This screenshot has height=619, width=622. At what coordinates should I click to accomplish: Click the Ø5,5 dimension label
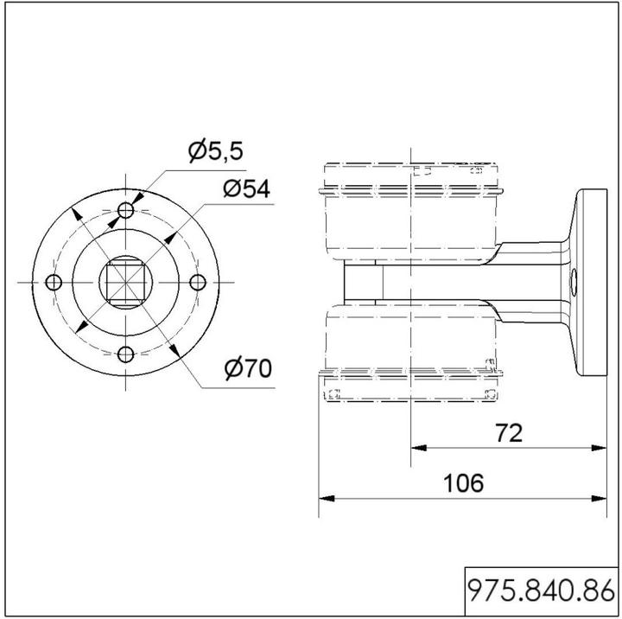[216, 152]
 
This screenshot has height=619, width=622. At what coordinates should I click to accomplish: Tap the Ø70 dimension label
[247, 369]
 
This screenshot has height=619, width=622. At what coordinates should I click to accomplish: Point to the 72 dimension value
[510, 432]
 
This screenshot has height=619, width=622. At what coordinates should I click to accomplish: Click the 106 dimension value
[464, 482]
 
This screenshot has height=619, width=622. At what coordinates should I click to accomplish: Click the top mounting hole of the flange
[126, 210]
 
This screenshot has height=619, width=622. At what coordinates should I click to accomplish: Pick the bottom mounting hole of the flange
[126, 354]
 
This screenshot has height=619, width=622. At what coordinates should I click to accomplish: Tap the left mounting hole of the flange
[54, 282]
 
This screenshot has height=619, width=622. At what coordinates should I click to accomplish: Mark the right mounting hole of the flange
[198, 282]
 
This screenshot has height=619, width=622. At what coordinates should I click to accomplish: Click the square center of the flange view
[126, 282]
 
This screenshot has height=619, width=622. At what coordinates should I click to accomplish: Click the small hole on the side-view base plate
[574, 282]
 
